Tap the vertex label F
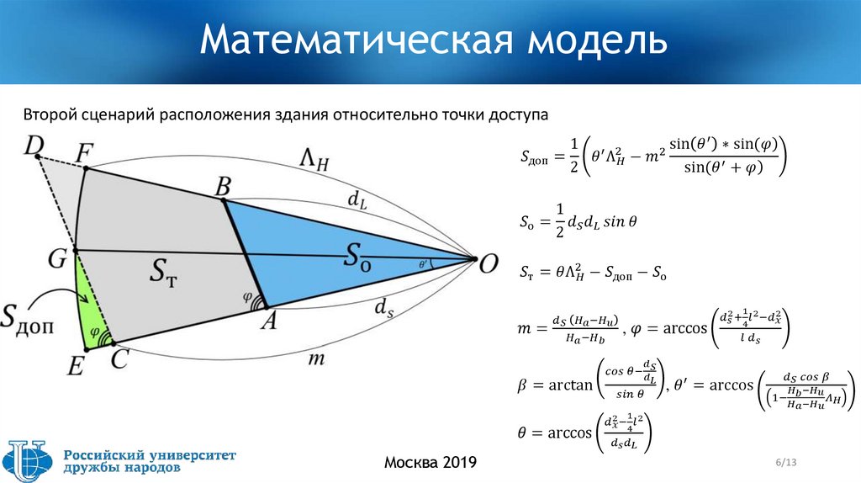coord(84,154)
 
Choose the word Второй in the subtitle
coord(50,113)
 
